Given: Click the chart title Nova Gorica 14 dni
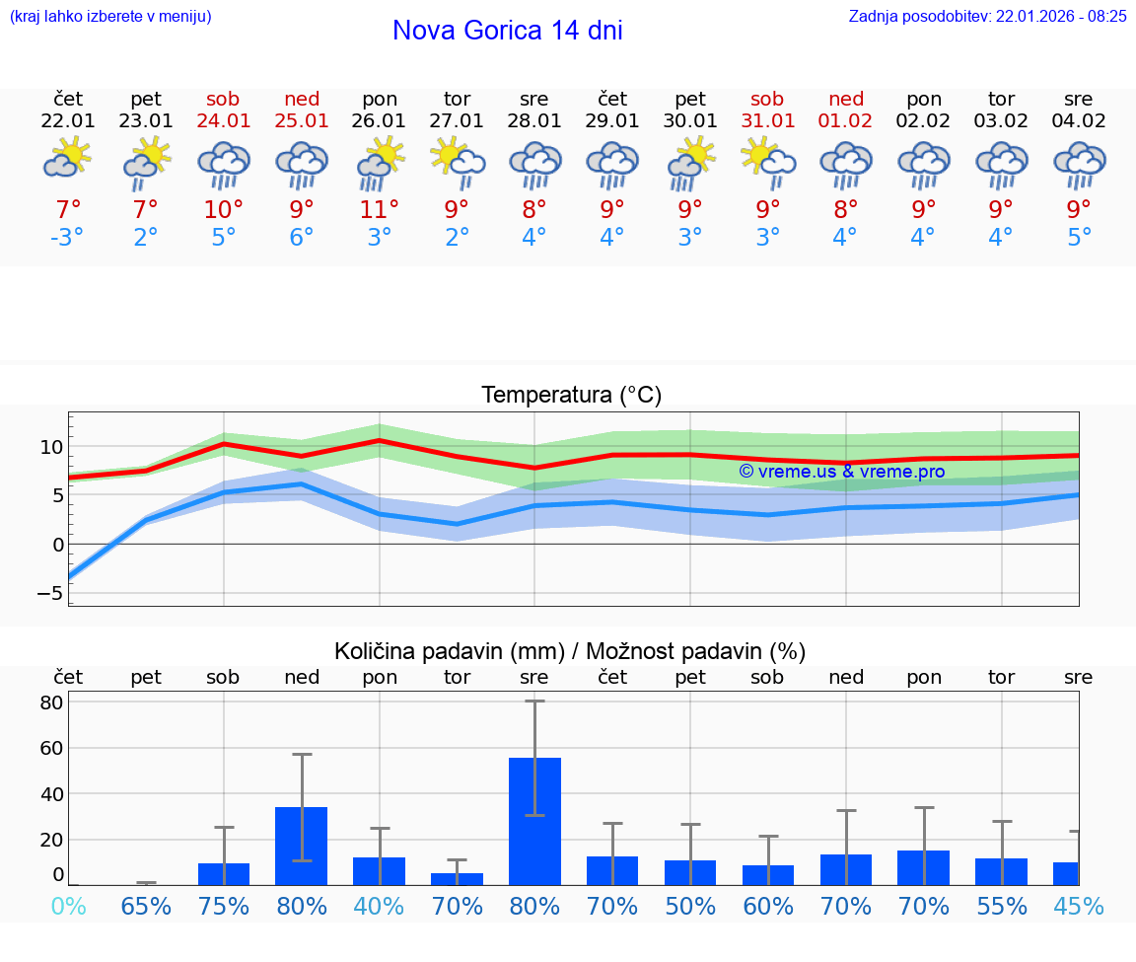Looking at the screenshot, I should (x=507, y=31).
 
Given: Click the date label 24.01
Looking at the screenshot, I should (x=224, y=121).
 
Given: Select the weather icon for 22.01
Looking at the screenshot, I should (x=68, y=160).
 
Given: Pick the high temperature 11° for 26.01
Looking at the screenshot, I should (x=380, y=209).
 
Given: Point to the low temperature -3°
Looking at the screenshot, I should (x=68, y=238).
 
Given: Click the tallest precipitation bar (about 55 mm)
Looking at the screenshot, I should (x=534, y=821).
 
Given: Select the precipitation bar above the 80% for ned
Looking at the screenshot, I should (x=302, y=846).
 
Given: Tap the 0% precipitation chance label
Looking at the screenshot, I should (x=68, y=907).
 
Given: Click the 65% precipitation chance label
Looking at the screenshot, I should (x=146, y=907).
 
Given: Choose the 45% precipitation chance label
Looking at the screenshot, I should (x=1079, y=907).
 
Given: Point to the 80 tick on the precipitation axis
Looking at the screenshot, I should (x=51, y=703).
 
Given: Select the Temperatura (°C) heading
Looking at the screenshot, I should (x=571, y=396).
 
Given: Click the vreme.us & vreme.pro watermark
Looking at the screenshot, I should (x=841, y=472).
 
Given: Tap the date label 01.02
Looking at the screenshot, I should (x=845, y=121).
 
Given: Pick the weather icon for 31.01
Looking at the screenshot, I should (x=767, y=160).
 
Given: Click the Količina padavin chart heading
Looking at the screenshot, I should (x=570, y=651).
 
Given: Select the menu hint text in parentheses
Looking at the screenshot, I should (x=110, y=17).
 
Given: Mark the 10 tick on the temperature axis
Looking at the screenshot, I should (x=51, y=447).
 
